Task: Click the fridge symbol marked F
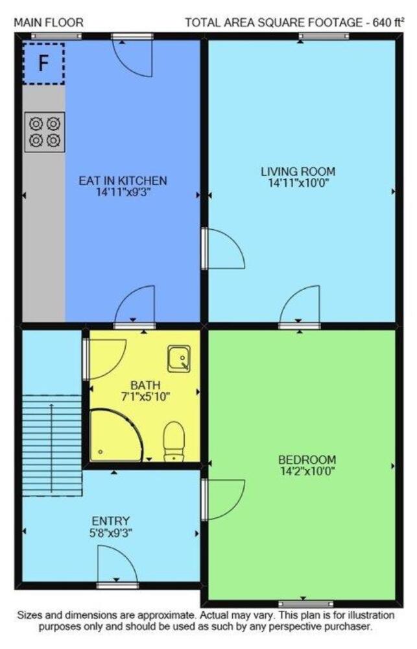[x=43, y=64]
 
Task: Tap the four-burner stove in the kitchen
[x=45, y=132]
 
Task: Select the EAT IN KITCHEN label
[x=123, y=180]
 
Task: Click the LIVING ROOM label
[x=298, y=171]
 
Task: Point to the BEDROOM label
[x=307, y=459]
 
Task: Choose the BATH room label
[x=145, y=386]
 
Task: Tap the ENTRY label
[x=110, y=520]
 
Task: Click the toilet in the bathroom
[x=174, y=441]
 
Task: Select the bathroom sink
[x=179, y=358]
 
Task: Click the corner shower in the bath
[x=116, y=435]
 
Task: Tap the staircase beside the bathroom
[x=51, y=445]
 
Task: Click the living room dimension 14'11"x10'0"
[x=298, y=182]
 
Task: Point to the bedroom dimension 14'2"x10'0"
[x=307, y=471]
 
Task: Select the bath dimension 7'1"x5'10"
[x=145, y=397]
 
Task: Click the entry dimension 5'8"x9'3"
[x=110, y=533]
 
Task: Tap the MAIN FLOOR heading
[x=49, y=22]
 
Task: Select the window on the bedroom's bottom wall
[x=305, y=604]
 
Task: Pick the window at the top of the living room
[x=324, y=36]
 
